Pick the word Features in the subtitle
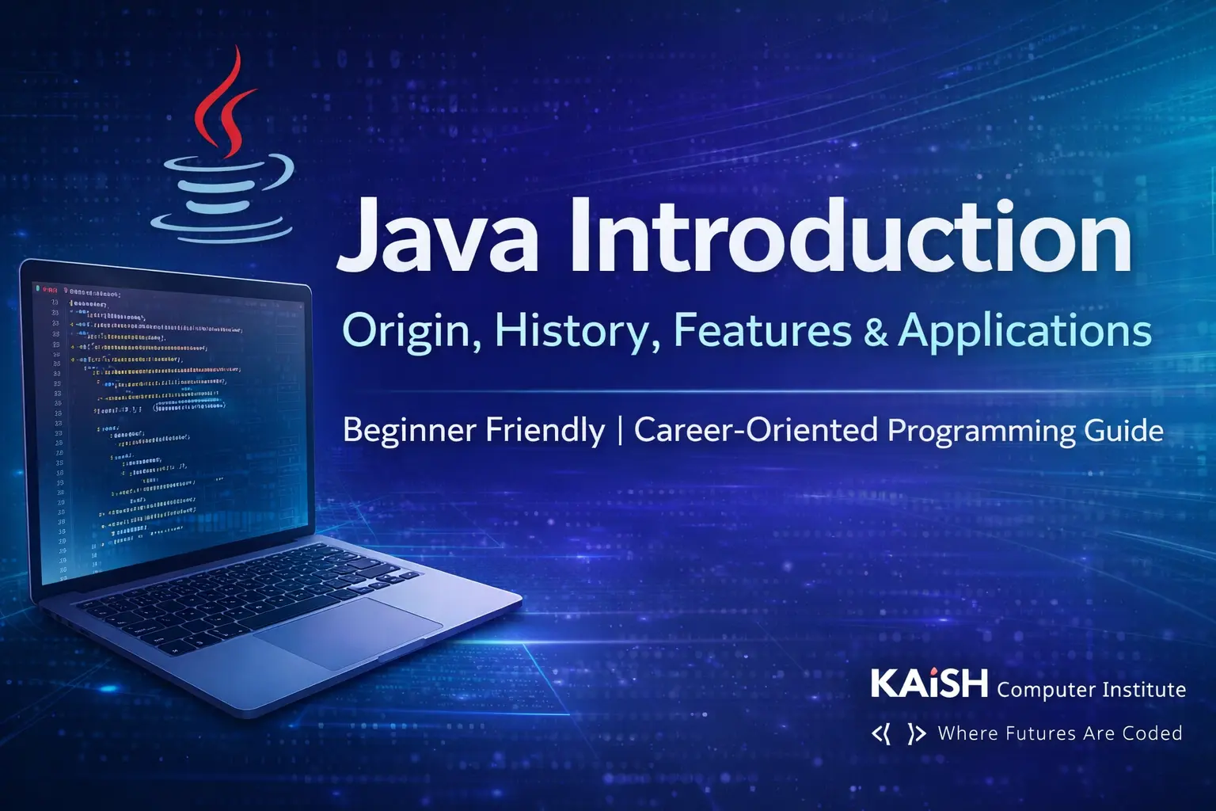tap(762, 330)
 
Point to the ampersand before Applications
tap(876, 332)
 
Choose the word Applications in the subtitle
tap(1025, 330)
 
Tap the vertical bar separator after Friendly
tap(619, 430)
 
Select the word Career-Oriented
tap(756, 430)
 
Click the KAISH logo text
tap(929, 683)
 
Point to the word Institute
tap(1144, 690)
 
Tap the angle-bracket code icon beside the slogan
tap(899, 734)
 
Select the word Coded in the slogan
tap(1152, 733)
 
